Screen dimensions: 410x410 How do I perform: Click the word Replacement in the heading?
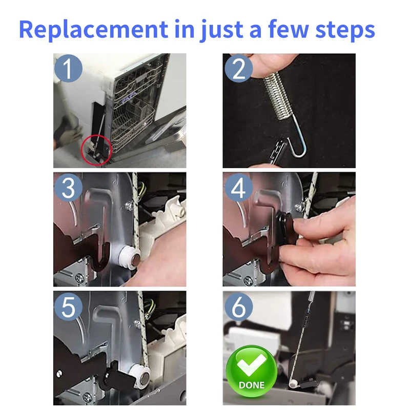(93, 30)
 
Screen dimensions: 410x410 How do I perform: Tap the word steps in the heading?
(345, 30)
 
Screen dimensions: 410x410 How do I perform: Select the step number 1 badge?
(68, 68)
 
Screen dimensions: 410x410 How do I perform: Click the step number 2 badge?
(238, 68)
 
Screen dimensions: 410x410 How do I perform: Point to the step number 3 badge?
(68, 188)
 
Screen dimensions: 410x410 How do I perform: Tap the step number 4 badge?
(238, 188)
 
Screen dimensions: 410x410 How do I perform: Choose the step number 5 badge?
(68, 306)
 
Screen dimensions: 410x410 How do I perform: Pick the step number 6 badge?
(238, 306)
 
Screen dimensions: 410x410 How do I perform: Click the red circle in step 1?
(81, 150)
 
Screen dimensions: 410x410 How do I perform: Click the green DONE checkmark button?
(251, 371)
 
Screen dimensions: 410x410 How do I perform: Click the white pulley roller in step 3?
(130, 258)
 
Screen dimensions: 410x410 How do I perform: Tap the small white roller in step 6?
(294, 383)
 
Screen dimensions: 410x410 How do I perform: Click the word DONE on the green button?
(251, 385)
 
